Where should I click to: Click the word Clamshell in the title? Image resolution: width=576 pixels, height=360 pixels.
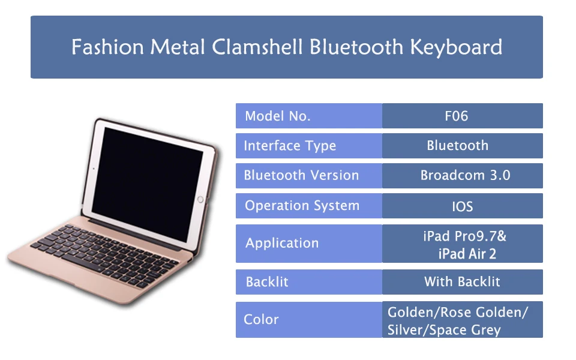click(257, 47)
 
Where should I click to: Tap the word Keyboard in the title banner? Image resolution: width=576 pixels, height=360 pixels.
click(456, 48)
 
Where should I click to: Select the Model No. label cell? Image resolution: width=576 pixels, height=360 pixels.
click(309, 116)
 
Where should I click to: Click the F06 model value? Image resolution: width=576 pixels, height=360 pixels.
click(456, 116)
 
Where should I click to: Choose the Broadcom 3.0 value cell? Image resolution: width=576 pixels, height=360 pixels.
click(463, 176)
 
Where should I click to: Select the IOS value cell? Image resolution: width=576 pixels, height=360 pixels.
click(463, 206)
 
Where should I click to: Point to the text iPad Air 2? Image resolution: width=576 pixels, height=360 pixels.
click(467, 254)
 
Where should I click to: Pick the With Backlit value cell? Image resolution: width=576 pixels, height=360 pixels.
click(463, 282)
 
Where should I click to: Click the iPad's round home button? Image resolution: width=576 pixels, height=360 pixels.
click(200, 199)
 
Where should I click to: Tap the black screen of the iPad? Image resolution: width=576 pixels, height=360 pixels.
click(147, 184)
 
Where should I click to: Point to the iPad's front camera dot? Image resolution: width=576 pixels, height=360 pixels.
click(94, 169)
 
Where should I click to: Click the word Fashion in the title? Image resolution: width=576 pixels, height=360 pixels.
click(107, 47)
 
